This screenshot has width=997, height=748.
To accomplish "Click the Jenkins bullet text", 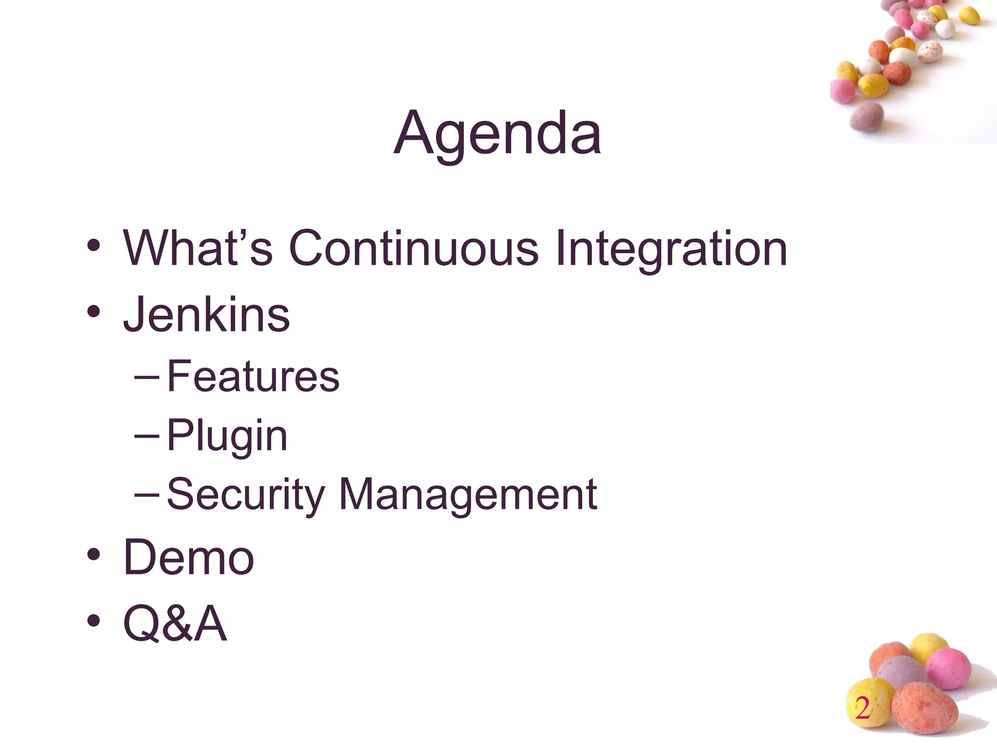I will pyautogui.click(x=206, y=315).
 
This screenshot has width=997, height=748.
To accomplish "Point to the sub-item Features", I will pyautogui.click(x=253, y=376).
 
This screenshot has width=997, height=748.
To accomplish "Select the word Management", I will pyautogui.click(x=468, y=495).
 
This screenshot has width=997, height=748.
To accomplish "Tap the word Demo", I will pyautogui.click(x=188, y=558).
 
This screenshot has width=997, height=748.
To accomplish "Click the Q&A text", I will pyautogui.click(x=175, y=623).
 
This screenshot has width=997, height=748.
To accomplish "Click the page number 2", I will pyautogui.click(x=862, y=708).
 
